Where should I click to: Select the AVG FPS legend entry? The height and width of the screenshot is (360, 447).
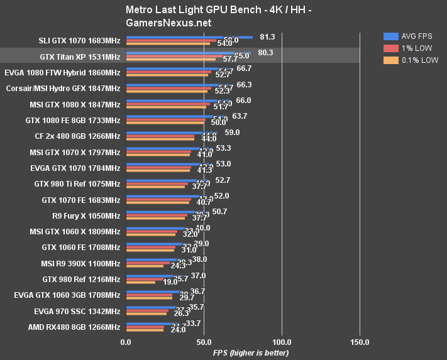pos(416,36)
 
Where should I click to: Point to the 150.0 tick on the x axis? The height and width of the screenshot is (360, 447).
pos(360,342)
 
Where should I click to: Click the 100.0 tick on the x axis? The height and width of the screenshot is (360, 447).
pos(282,342)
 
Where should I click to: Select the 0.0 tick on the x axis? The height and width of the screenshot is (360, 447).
pos(126,342)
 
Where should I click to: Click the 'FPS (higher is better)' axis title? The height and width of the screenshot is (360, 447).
pos(242,353)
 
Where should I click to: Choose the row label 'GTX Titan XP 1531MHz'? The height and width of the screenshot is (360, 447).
pos(80,57)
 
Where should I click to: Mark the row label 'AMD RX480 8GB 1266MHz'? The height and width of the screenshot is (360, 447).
pos(74,327)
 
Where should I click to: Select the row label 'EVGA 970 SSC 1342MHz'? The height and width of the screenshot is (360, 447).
pos(77,311)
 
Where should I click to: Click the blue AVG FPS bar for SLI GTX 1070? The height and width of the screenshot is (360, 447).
pos(189,37)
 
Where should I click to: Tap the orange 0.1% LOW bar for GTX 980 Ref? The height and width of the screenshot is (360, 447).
pos(140,282)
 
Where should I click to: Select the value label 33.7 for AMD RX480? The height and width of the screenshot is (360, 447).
pos(192,323)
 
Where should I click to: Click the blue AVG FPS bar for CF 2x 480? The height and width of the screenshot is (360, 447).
pos(171,132)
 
